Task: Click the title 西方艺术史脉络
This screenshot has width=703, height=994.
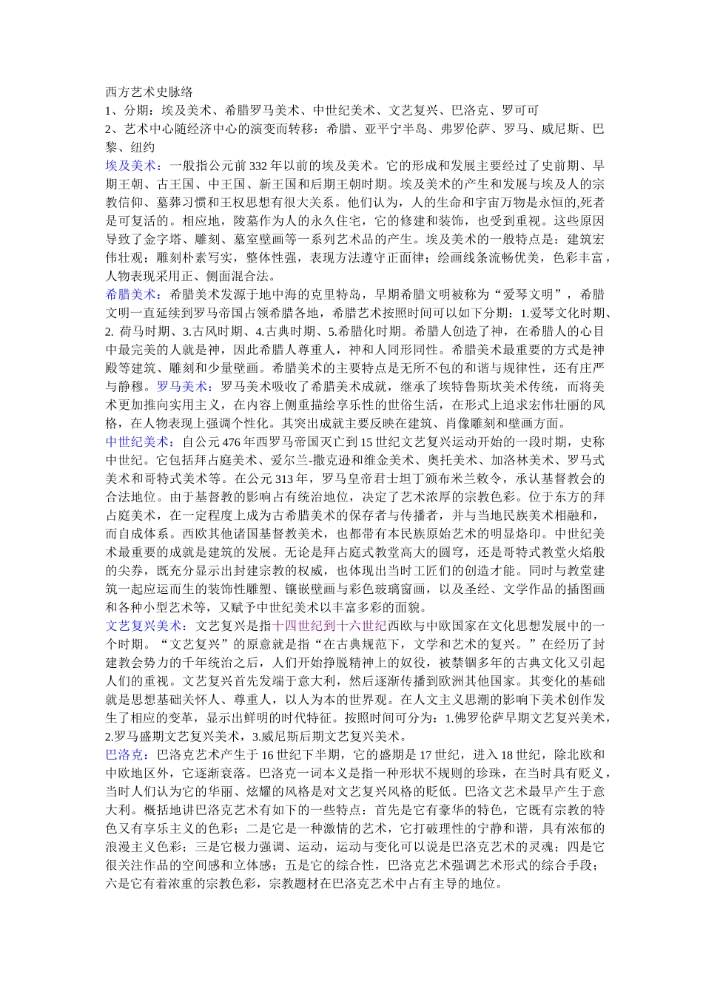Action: [149, 92]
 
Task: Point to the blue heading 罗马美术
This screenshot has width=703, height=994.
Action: [181, 386]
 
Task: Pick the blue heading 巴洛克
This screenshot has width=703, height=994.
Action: [124, 754]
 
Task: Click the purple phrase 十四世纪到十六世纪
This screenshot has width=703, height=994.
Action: [330, 626]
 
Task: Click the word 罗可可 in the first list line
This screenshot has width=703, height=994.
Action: [520, 111]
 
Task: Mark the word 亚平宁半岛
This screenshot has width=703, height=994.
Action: [395, 129]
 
